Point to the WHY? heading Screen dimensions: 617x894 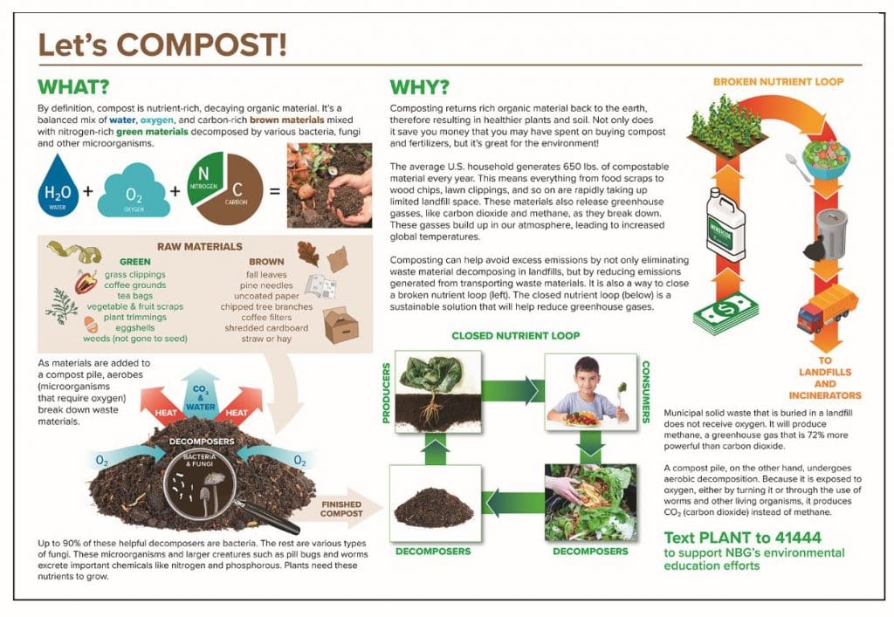tap(420, 87)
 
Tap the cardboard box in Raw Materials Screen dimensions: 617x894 tap(340, 326)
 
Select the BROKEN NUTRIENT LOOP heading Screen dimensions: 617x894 tap(778, 81)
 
